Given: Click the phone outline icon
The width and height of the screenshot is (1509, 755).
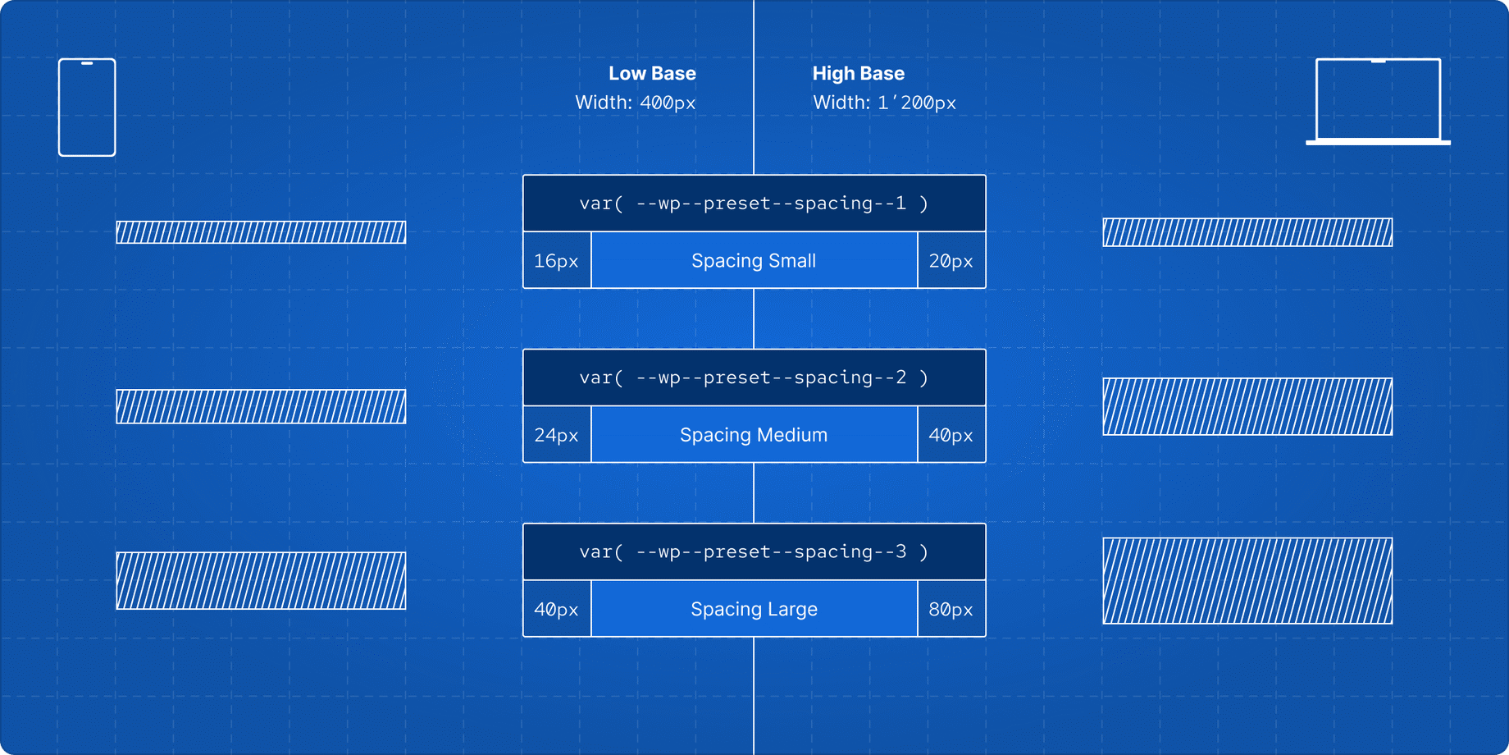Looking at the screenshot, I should coord(87,107).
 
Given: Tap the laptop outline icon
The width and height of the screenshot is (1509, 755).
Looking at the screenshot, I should coord(1378,101).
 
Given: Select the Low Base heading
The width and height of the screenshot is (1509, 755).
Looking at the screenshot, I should coord(652,73).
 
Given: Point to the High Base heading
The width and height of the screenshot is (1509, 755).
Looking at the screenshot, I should coord(858,73).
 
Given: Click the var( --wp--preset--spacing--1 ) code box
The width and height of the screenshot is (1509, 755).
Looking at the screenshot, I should coord(754,204).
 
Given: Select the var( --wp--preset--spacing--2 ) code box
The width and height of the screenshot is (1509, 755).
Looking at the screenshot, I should coord(754,377).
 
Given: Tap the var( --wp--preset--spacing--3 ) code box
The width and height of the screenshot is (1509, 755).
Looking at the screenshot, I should coord(754,551).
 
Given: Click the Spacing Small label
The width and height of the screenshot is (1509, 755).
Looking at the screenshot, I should coord(754,261).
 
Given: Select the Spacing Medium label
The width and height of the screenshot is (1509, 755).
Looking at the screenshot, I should coord(754,435).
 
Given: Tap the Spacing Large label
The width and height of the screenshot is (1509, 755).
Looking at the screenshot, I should coord(754,609).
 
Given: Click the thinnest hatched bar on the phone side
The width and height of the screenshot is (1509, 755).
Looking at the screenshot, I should coord(261,232).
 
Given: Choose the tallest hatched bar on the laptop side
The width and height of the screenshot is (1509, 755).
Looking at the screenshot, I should coord(1247,580).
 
